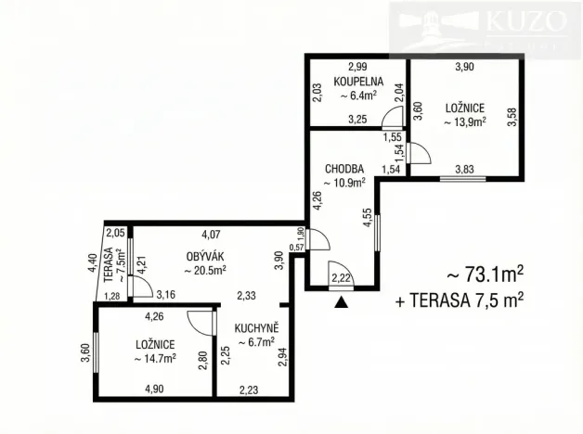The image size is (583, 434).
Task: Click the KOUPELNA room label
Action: pyautogui.click(x=357, y=81)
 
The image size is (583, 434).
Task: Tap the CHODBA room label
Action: pyautogui.click(x=343, y=169)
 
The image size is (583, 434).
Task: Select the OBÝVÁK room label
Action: pyautogui.click(x=202, y=255)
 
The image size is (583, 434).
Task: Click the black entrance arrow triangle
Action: pyautogui.click(x=343, y=300)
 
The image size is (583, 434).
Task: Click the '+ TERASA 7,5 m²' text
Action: pyautogui.click(x=460, y=299)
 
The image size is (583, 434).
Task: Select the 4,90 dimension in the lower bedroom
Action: pyautogui.click(x=153, y=389)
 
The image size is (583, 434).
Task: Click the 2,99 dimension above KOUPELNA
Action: pyautogui.click(x=357, y=67)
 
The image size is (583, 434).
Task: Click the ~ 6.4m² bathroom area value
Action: pyautogui.click(x=357, y=95)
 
